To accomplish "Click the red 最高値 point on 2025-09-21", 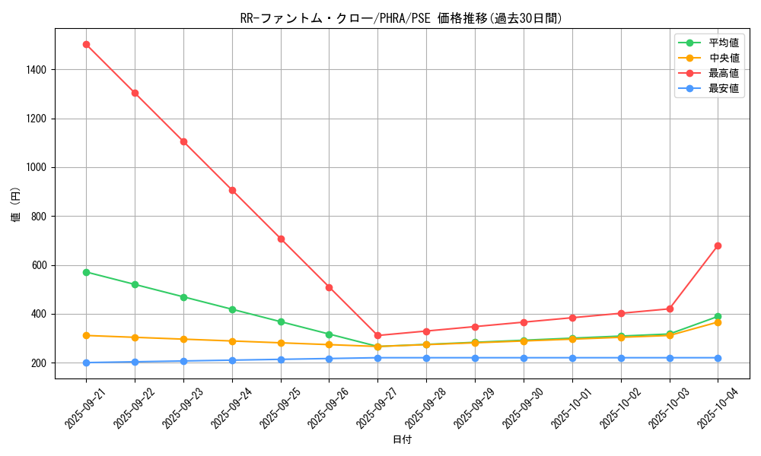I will click(x=86, y=44).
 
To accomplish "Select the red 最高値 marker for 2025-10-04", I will click(x=718, y=245).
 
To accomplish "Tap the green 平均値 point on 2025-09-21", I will click(x=86, y=272).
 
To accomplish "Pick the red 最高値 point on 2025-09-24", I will click(x=232, y=190).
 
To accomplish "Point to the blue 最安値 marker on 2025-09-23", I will click(x=183, y=361).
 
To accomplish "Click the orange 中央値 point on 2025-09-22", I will click(x=135, y=337).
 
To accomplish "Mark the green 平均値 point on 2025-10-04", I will click(x=718, y=316).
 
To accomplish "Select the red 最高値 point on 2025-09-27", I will click(x=377, y=335).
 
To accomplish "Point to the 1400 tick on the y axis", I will click(x=36, y=70).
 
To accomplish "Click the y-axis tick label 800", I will click(x=39, y=217).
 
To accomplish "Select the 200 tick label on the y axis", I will click(x=39, y=363).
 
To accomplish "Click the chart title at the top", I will click(x=401, y=18).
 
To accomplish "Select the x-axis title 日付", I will click(x=402, y=440).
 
